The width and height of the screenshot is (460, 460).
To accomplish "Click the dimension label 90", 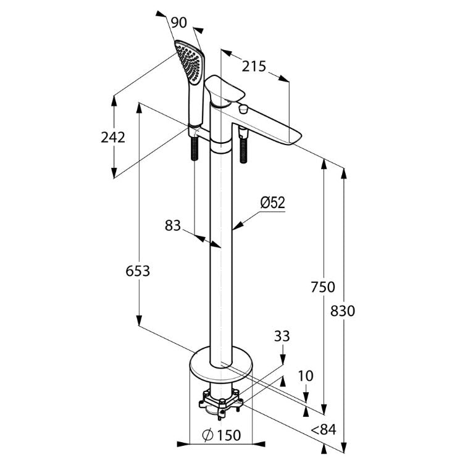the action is click(178, 23).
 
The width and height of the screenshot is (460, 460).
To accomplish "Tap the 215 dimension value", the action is click(254, 66).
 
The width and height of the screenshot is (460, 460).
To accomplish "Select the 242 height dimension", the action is click(113, 137).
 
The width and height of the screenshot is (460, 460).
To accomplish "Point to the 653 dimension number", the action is click(138, 271).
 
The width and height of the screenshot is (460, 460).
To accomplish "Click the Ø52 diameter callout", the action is click(273, 203).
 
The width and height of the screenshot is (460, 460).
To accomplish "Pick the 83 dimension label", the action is click(173, 225).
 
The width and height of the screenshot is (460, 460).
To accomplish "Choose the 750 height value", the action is click(323, 287).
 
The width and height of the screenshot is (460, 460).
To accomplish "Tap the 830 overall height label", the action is click(343, 311).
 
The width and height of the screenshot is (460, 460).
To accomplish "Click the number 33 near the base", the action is click(282, 336).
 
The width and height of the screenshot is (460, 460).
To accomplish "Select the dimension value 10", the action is click(306, 376).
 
